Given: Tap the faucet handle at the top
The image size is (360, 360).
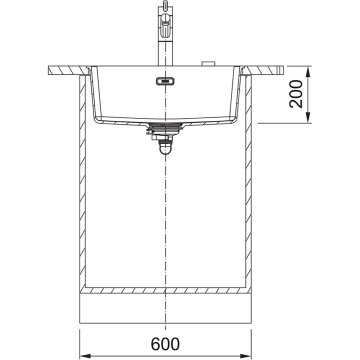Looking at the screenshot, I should point(167,10).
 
